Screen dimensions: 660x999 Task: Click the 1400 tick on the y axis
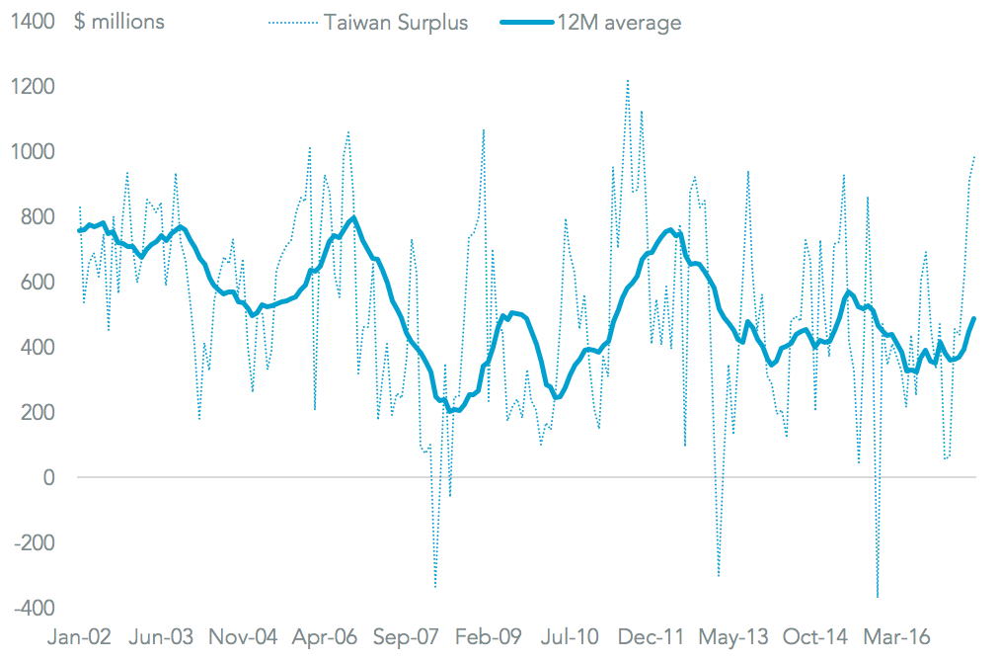pyautogui.click(x=33, y=22)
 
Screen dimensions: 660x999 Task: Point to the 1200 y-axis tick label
pyautogui.click(x=33, y=87)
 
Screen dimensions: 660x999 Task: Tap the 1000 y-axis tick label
pyautogui.click(x=33, y=152)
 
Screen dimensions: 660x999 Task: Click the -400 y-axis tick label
pyautogui.click(x=36, y=609)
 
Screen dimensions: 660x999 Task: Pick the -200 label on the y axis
pyautogui.click(x=36, y=543)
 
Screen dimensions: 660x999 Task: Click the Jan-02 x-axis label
pyautogui.click(x=80, y=638)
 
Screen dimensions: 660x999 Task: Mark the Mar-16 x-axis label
pyautogui.click(x=896, y=638)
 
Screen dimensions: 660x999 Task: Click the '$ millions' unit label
pyautogui.click(x=119, y=22)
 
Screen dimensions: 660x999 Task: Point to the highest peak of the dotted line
pyautogui.click(x=628, y=80)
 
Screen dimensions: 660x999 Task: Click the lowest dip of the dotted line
pyautogui.click(x=877, y=598)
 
